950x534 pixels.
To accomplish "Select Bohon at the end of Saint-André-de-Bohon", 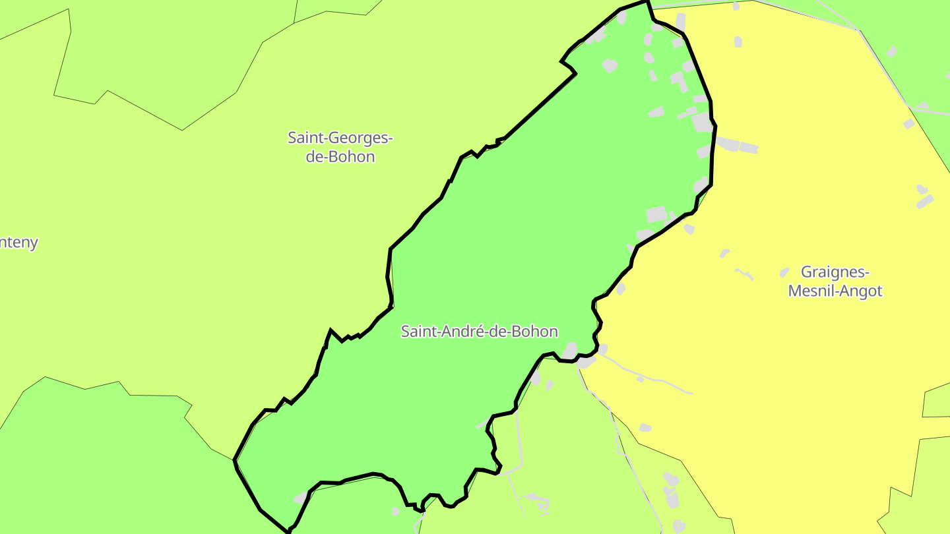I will (536, 332).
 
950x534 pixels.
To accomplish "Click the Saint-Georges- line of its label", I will (340, 138).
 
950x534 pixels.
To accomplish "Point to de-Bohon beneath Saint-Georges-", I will (340, 157).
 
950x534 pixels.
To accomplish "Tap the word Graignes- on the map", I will (835, 272).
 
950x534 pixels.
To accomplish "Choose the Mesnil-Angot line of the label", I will (835, 291).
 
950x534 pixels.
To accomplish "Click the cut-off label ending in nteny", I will (18, 243).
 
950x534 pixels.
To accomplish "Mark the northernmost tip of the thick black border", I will (647, 1).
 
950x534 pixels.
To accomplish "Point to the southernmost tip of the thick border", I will (288, 531).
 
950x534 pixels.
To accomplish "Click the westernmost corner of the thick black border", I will (235, 460).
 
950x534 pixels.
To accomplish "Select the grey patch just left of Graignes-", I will (784, 272).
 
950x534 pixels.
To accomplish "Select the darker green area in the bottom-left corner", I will (99, 461).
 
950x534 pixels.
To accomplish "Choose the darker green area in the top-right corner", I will (917, 40).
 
